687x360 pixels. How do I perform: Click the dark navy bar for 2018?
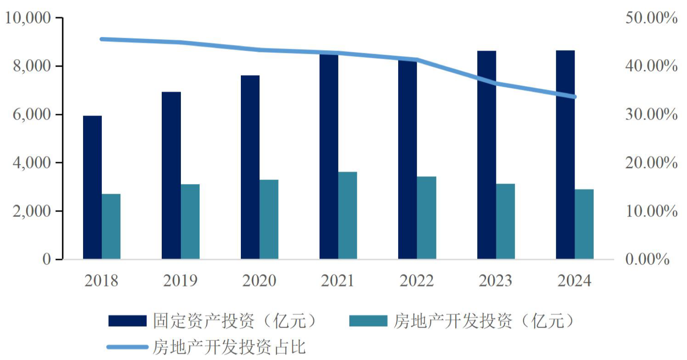pyautogui.click(x=92, y=187)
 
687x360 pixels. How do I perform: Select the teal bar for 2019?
pyautogui.click(x=190, y=221)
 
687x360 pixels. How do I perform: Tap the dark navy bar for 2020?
pyautogui.click(x=250, y=167)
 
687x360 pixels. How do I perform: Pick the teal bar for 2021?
pyautogui.click(x=347, y=215)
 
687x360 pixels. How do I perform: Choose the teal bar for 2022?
pyautogui.click(x=427, y=218)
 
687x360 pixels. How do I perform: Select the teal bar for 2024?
pyautogui.click(x=584, y=224)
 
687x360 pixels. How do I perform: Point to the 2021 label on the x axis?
pyautogui.click(x=337, y=281)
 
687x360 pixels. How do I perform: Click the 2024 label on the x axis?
pyautogui.click(x=574, y=281)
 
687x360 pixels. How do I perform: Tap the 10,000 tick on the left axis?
pyautogui.click(x=28, y=18)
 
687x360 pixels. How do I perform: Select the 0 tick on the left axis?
pyautogui.click(x=47, y=259)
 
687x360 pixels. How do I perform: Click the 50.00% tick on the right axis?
pyautogui.click(x=651, y=18)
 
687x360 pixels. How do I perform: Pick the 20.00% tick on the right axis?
pyautogui.click(x=651, y=163)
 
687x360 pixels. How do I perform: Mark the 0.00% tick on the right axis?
pyautogui.click(x=647, y=259)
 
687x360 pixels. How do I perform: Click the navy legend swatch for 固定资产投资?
pyautogui.click(x=128, y=321)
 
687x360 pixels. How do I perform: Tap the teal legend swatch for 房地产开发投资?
pyautogui.click(x=368, y=321)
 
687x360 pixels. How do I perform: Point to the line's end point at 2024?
pyautogui.click(x=574, y=96)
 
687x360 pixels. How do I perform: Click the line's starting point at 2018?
pyautogui.click(x=102, y=39)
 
